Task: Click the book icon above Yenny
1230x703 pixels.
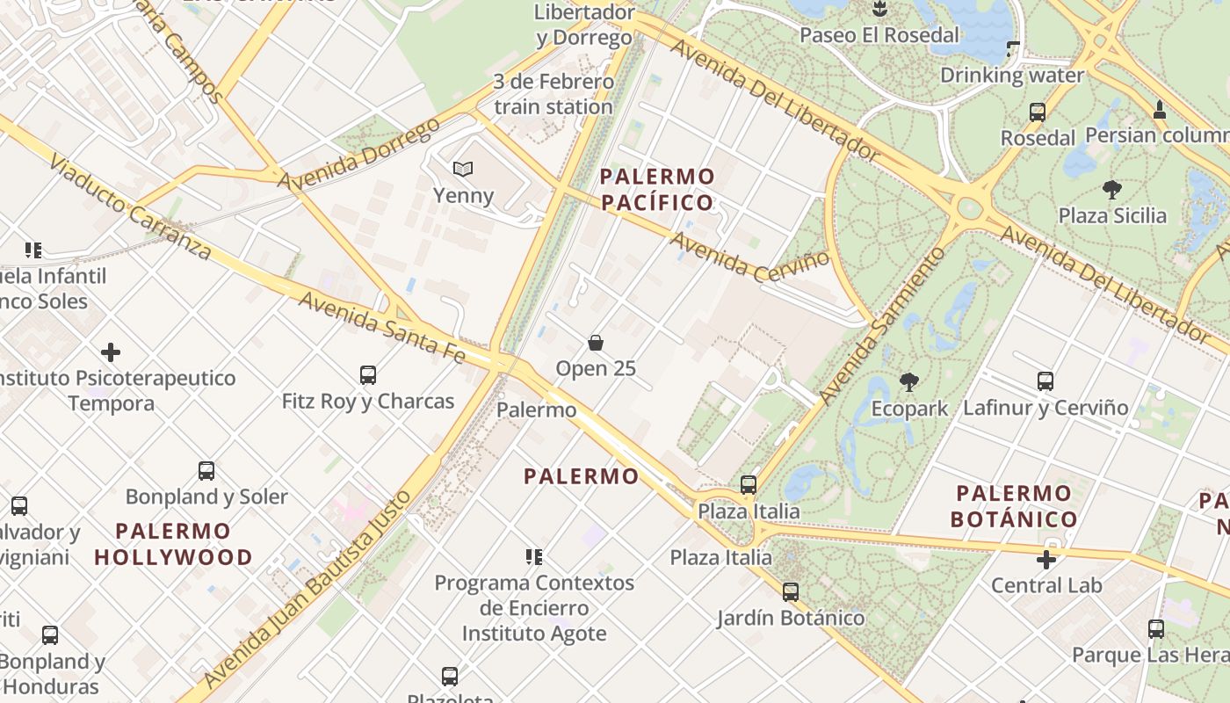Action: point(463,169)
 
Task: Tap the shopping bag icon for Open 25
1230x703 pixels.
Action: point(596,342)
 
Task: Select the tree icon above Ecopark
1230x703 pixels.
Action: point(909,382)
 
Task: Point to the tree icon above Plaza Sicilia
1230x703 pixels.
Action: point(1112,189)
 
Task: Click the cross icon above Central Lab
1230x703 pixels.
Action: point(1045,559)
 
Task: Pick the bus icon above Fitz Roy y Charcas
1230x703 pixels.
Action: point(368,375)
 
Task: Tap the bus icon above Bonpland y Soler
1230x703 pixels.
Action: point(206,471)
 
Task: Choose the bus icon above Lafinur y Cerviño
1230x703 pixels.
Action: point(1045,381)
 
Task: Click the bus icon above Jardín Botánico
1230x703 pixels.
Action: point(791,592)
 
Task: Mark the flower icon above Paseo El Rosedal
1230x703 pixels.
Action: point(879,10)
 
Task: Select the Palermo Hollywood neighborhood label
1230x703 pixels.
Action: point(173,544)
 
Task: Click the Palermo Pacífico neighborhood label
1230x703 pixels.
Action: point(657,190)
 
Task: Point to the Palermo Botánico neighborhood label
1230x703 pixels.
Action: point(1014,505)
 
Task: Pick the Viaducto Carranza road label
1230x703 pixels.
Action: point(130,207)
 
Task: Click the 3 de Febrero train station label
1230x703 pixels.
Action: point(553,95)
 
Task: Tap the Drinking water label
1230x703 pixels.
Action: point(1012,76)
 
